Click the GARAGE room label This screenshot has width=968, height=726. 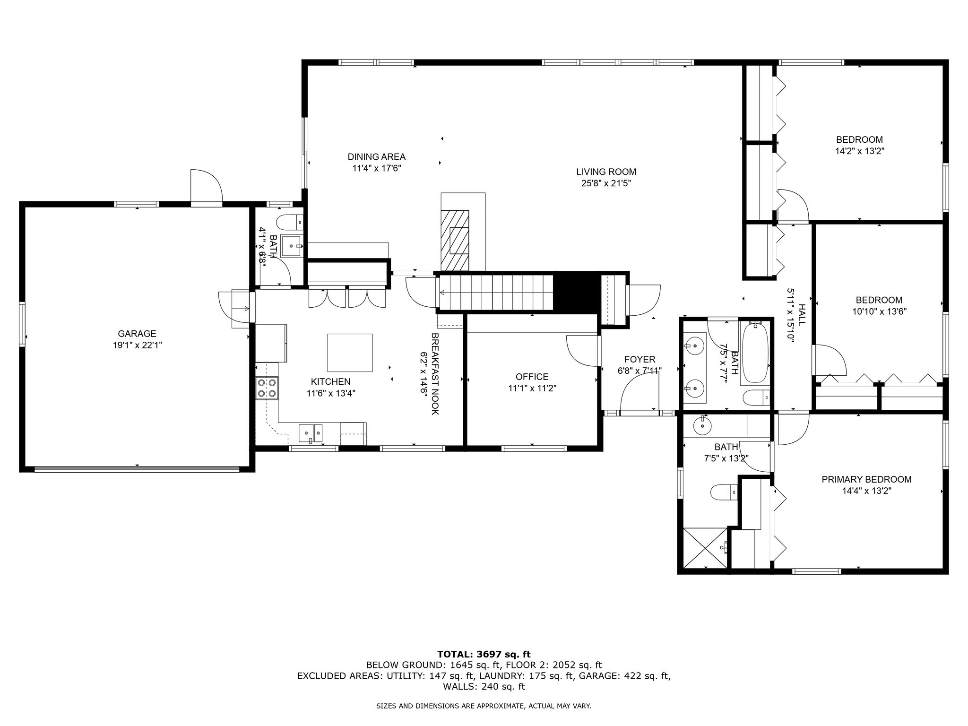click(137, 334)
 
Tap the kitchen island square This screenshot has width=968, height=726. click(350, 353)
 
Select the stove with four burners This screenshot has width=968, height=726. click(267, 388)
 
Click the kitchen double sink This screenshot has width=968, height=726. click(311, 433)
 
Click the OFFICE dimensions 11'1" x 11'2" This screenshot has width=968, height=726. click(532, 389)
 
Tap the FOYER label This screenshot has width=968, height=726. click(640, 360)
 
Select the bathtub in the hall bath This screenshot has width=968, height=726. click(755, 352)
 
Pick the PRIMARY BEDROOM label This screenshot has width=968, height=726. click(866, 479)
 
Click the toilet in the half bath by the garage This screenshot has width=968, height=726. click(289, 222)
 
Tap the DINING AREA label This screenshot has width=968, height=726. click(376, 157)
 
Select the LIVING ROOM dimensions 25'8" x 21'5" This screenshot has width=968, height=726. click(606, 183)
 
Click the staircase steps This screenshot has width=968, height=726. click(496, 293)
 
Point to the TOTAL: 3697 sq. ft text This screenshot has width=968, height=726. click(484, 654)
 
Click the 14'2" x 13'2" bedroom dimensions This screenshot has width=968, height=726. click(859, 151)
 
